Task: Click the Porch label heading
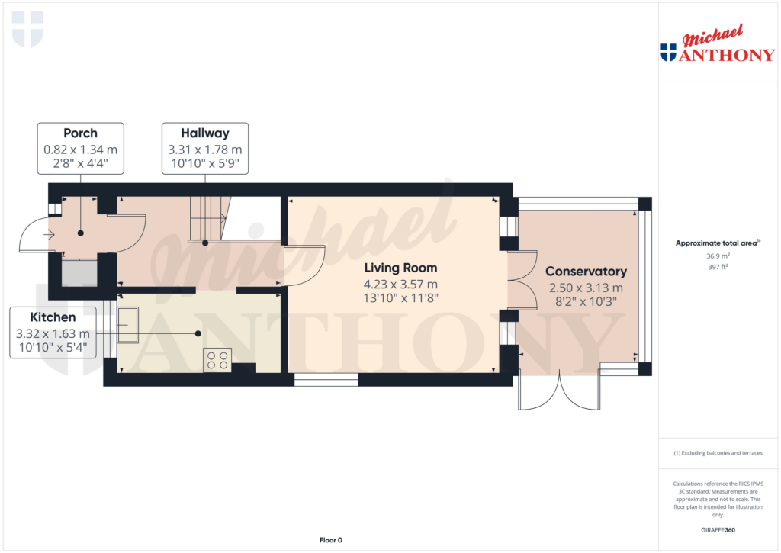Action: [x=80, y=133]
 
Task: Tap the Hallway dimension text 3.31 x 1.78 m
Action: [x=204, y=150]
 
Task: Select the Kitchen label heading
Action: [x=53, y=317]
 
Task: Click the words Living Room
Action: [x=400, y=268]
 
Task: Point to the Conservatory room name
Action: [x=586, y=272]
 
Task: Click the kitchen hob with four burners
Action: [x=217, y=359]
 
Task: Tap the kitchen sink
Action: [x=127, y=326]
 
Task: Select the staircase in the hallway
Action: [x=208, y=219]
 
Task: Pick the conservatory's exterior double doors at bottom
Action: [x=559, y=391]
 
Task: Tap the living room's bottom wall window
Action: [x=326, y=379]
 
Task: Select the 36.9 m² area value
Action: [x=717, y=256]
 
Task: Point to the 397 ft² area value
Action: [x=717, y=267]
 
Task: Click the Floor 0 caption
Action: [x=330, y=540]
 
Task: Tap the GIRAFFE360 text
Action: [x=718, y=530]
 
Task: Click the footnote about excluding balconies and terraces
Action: [x=717, y=453]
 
